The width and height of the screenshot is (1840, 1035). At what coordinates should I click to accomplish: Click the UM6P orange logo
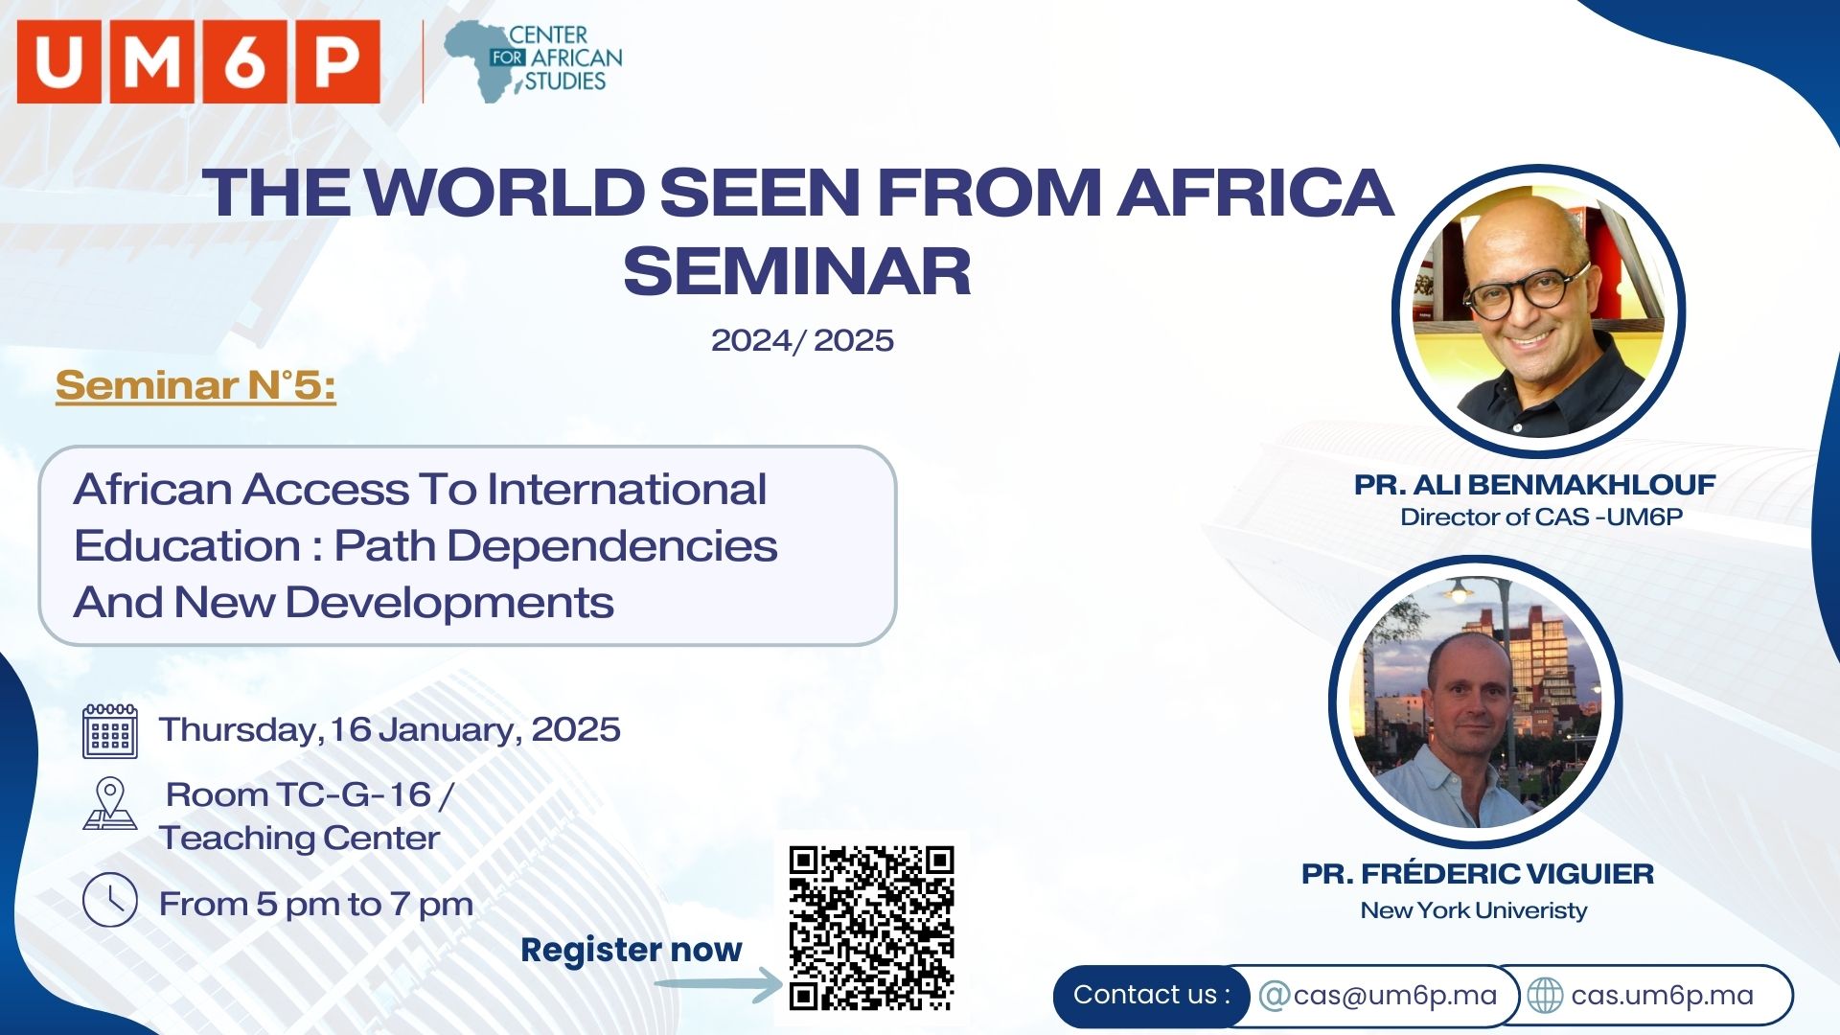198,61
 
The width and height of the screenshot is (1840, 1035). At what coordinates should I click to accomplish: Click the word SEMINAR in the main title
797,271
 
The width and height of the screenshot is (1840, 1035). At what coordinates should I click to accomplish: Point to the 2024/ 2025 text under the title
802,340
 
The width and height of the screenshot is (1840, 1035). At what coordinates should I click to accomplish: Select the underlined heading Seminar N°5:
195,385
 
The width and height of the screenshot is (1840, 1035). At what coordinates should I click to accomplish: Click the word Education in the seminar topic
188,545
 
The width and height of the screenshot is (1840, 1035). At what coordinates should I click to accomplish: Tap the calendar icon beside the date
110,731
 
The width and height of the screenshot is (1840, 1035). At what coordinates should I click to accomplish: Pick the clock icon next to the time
110,900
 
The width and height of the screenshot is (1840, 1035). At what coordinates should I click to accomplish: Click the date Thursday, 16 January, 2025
390,730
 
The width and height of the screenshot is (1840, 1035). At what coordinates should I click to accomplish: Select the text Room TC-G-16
299,794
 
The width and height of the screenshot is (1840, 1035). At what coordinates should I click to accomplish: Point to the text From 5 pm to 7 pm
316,904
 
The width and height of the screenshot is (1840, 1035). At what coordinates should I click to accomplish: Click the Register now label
632,950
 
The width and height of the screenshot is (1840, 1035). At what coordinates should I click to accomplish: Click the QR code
871,929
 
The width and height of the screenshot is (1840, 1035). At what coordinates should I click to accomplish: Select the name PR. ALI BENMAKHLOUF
1534,485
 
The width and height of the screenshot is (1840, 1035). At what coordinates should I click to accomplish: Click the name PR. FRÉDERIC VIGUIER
1478,874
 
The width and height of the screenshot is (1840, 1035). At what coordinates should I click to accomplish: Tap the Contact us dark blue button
1152,996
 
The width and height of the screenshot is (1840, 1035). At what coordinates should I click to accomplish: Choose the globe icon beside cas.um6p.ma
1545,996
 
